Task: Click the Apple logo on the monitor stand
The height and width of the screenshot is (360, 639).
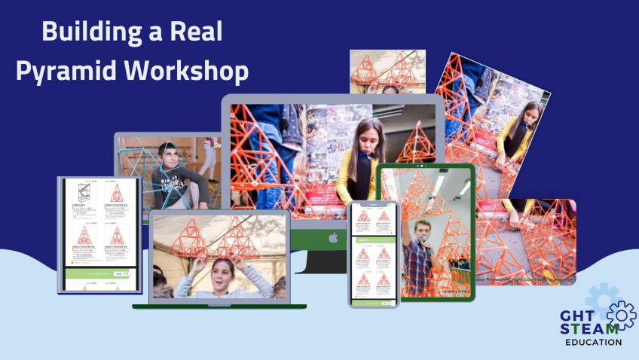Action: (332, 238)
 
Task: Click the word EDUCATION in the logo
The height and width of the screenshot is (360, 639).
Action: (593, 342)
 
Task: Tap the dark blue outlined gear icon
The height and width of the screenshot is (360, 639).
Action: (622, 316)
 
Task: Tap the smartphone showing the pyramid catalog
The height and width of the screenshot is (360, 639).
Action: (373, 254)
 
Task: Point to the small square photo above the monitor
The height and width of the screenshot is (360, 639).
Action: (387, 72)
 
